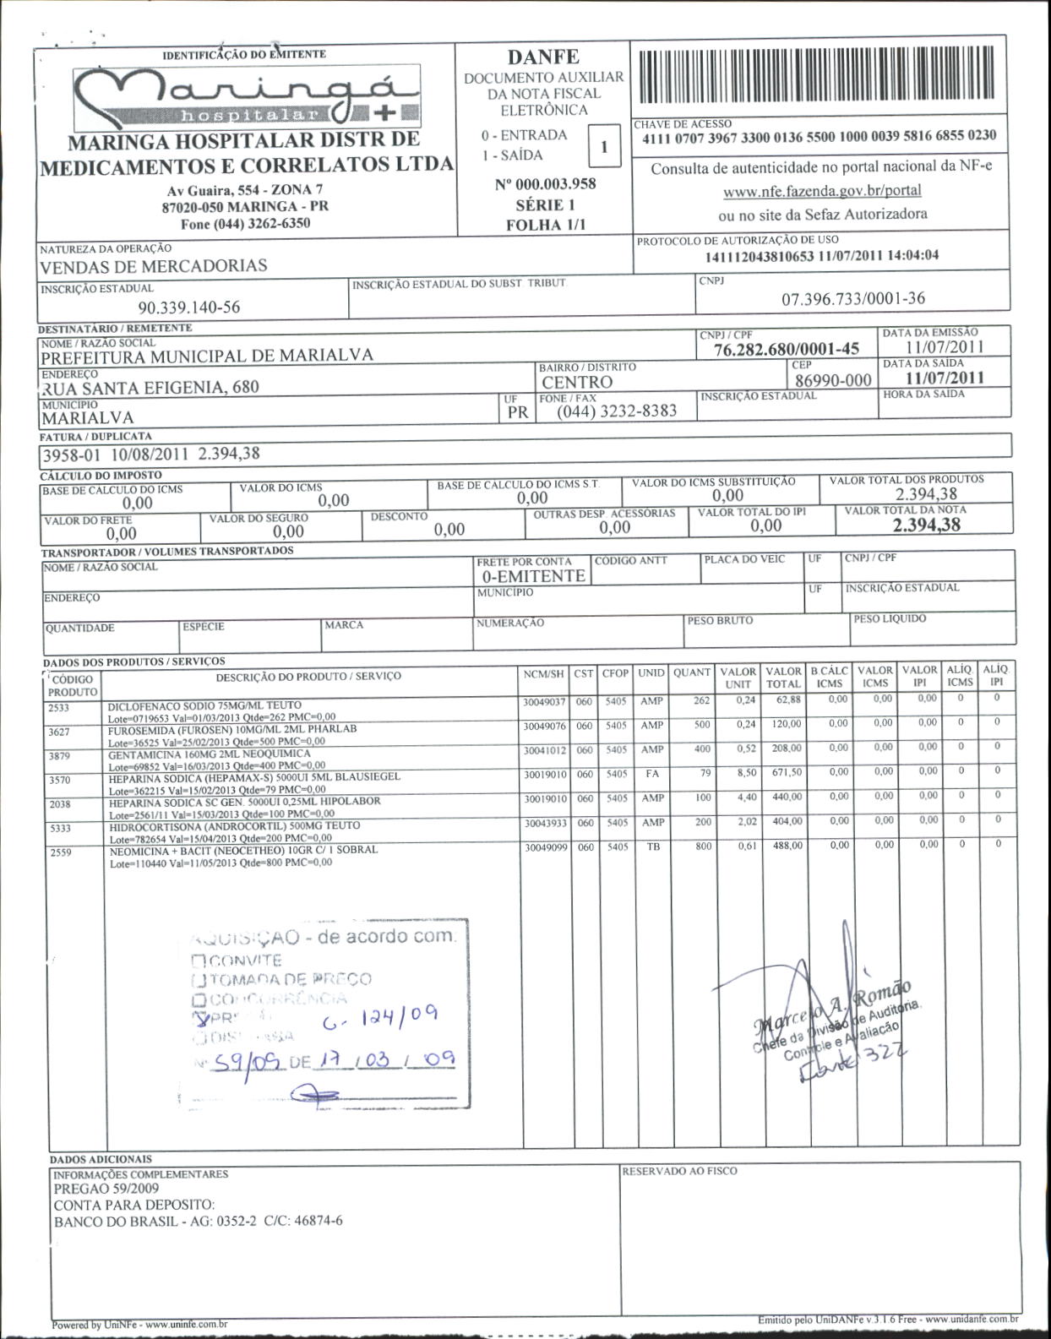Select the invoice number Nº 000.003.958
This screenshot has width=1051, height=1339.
coord(545,184)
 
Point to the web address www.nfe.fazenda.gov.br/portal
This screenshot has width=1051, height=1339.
coord(822,191)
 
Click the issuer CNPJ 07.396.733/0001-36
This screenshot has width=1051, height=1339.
coord(852,298)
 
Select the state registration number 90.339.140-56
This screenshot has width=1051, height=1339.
coord(188,308)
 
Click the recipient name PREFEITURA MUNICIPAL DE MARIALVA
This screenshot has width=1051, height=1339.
coord(207,356)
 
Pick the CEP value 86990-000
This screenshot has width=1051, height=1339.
coord(833,380)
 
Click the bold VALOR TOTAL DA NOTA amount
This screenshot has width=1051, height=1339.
coord(927,525)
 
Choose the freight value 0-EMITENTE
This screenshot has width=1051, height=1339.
coord(533,576)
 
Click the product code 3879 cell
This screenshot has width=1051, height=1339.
coord(60,756)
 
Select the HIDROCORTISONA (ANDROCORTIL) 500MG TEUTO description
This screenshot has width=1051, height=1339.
coord(235,825)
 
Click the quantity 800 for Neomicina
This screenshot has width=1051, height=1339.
coord(704,846)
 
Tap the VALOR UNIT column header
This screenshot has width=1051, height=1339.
coord(738,678)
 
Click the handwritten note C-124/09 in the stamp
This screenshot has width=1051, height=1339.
coord(380,1021)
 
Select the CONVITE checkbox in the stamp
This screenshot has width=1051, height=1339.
coord(199,961)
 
